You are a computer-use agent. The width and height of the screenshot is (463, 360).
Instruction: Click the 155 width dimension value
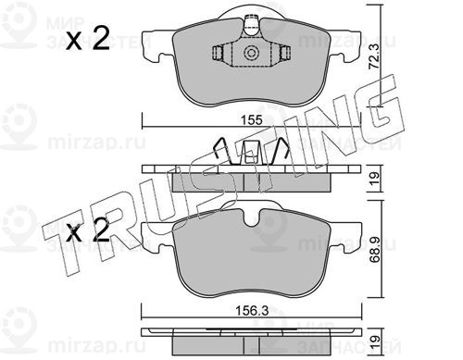tap(253, 119)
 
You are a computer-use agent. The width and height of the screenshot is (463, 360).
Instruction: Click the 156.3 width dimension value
tap(252, 311)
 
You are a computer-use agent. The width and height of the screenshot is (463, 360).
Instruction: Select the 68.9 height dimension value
tap(375, 250)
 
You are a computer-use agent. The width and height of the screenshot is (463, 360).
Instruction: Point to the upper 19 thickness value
tap(374, 179)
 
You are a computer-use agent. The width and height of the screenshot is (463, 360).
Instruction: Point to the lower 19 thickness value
tap(374, 341)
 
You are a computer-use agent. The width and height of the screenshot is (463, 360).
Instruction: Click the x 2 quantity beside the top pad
tap(88, 39)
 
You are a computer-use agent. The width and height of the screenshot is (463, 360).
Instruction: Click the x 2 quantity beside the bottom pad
tap(88, 230)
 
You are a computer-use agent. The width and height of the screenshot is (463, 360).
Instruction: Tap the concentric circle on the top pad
tap(251, 53)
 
